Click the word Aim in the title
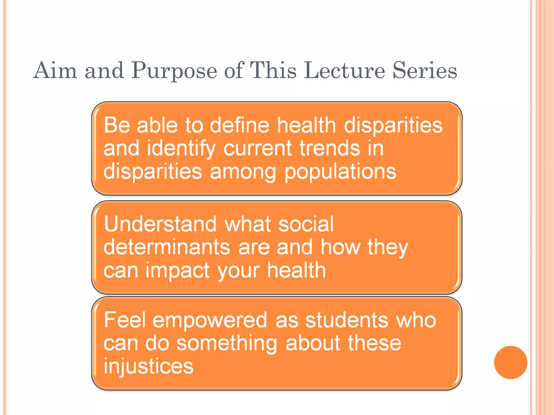pyautogui.click(x=55, y=71)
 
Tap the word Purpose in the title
pyautogui.click(x=174, y=71)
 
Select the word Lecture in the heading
pyautogui.click(x=344, y=71)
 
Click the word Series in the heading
pyautogui.click(x=425, y=71)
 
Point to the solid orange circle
pyautogui.click(x=510, y=362)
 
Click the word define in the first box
pyautogui.click(x=240, y=125)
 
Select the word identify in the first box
pyautogui.click(x=181, y=149)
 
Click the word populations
pyautogui.click(x=340, y=172)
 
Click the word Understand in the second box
pyautogui.click(x=160, y=224)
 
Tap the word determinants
pyautogui.click(x=167, y=247)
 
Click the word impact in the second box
pyautogui.click(x=177, y=271)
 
